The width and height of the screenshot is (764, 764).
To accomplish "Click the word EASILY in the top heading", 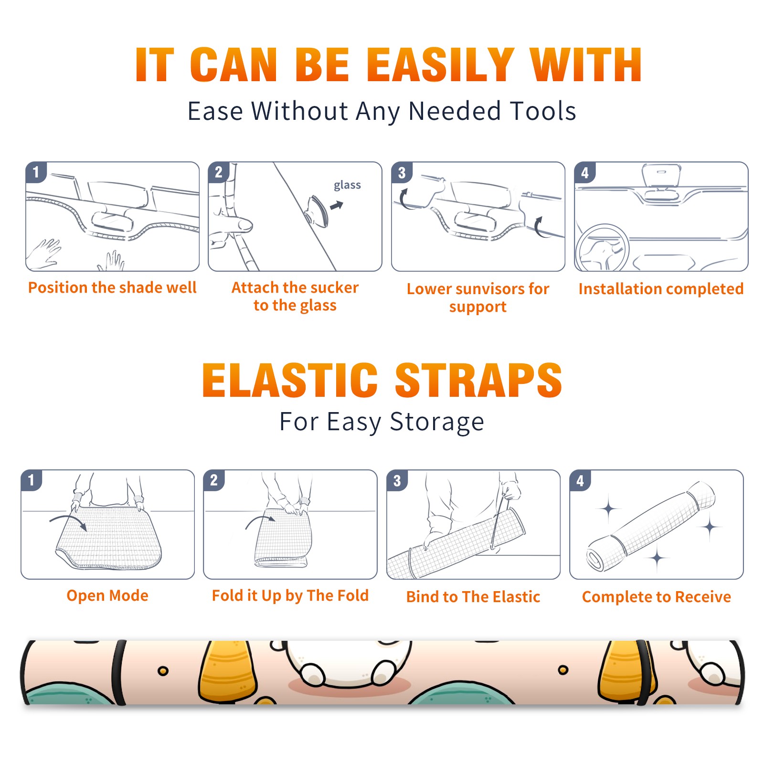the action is [441, 65].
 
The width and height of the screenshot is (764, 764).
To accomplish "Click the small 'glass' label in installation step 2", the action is [347, 185].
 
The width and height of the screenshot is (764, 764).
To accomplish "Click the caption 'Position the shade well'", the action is [112, 287].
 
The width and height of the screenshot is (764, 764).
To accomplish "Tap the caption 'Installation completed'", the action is [661, 289].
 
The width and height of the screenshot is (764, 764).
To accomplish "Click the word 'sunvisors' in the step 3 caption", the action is [488, 289].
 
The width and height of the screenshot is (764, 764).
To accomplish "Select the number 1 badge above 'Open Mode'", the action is [32, 480].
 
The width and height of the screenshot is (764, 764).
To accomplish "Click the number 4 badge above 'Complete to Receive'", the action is [580, 480].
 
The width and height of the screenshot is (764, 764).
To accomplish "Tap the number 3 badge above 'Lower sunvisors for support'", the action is [402, 172].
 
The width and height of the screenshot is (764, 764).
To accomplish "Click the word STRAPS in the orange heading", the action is [478, 380].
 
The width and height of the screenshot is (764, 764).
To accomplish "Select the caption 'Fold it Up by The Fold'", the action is [290, 595].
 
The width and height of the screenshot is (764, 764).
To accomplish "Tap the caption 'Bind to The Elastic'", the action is [473, 597].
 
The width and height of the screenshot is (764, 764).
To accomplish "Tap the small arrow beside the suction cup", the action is [337, 205].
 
